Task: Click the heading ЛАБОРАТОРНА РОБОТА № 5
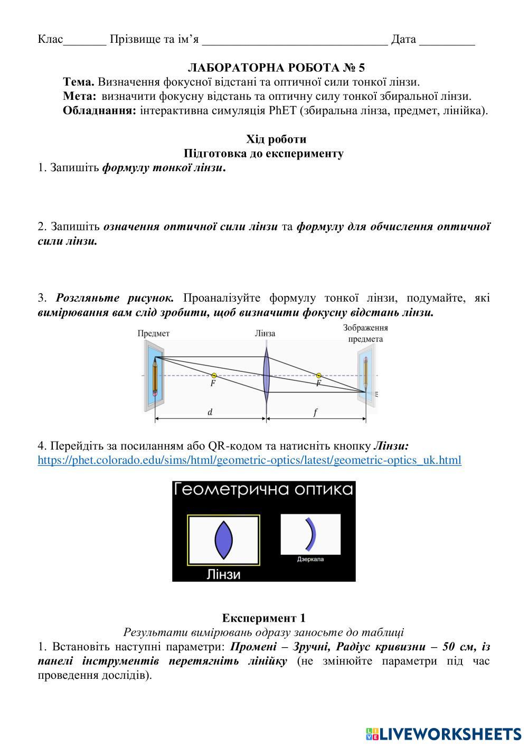coord(276,68)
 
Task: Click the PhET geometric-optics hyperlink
coord(249,460)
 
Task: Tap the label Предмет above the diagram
coord(154,333)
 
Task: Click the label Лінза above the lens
coord(265,333)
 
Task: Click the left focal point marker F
coord(213,376)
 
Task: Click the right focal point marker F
coord(318,376)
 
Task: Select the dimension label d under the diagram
coord(210,412)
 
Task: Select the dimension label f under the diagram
coord(315,413)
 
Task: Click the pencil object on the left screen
coord(155,377)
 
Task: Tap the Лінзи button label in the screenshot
coord(223,574)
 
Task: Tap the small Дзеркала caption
coord(310,559)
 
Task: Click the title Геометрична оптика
coord(263,490)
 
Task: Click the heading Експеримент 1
coord(263,618)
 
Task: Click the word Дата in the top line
coord(403,39)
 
